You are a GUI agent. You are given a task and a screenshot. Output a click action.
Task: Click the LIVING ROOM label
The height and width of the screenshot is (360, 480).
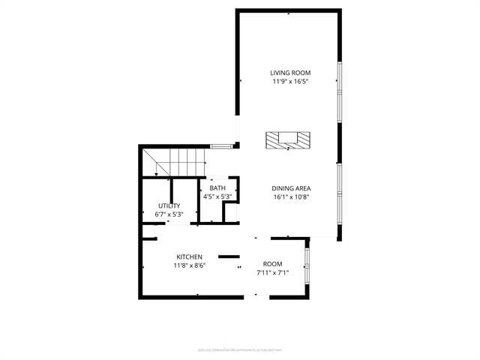(x=290, y=73)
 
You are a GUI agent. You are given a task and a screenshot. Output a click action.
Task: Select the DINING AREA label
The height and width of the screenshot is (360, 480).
(x=291, y=188)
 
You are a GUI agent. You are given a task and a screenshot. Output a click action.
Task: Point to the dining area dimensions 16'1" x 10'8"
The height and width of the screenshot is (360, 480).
(x=291, y=196)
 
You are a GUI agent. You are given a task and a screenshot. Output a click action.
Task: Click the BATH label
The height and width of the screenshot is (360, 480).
(x=217, y=188)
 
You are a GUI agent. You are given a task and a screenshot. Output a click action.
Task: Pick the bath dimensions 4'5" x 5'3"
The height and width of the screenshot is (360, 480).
(x=217, y=196)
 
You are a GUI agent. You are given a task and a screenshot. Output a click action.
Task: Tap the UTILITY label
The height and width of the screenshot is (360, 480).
(x=169, y=205)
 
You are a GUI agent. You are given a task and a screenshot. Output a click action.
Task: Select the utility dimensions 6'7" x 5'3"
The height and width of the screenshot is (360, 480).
(x=169, y=214)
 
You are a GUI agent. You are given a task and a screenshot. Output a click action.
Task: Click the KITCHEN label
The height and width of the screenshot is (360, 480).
(x=190, y=256)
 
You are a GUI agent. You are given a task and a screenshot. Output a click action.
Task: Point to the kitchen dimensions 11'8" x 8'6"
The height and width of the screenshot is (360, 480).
(x=190, y=265)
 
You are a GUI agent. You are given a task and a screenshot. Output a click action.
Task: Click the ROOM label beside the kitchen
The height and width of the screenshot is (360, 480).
(x=272, y=264)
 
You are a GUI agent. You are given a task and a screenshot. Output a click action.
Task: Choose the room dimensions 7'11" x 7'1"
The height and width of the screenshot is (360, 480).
(x=272, y=272)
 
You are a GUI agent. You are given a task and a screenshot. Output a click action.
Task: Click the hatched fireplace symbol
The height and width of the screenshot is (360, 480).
(x=288, y=140)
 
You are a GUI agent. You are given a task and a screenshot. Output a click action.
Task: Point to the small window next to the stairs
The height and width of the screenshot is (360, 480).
(x=219, y=145)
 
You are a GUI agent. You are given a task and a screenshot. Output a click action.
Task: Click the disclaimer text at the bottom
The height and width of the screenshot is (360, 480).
(x=239, y=349)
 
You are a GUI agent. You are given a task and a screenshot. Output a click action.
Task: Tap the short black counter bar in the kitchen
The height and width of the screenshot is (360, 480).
(x=229, y=256)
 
